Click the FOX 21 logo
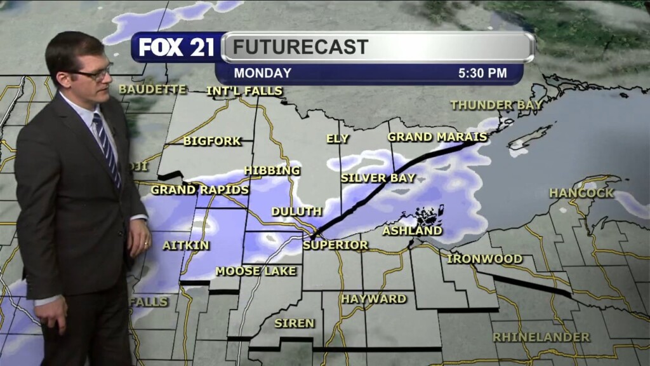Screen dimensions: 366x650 (177, 47)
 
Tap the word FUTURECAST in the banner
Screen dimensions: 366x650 (300, 47)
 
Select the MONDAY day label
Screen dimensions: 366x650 (263, 73)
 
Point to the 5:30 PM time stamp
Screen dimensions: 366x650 (482, 73)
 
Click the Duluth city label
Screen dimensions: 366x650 (296, 212)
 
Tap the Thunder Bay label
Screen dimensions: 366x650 (496, 105)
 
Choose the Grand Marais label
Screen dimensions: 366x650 (437, 137)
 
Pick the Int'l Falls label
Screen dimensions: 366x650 (244, 91)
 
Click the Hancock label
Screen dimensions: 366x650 (581, 193)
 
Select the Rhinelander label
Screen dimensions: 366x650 (541, 337)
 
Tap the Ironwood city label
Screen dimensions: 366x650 (485, 259)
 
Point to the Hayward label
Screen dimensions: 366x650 (373, 299)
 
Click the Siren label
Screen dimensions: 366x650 (295, 323)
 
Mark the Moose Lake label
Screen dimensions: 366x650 (256, 271)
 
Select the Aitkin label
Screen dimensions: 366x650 (186, 245)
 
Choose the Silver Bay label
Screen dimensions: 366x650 (378, 178)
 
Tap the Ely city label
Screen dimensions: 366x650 (338, 139)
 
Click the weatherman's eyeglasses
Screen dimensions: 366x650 (94, 73)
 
